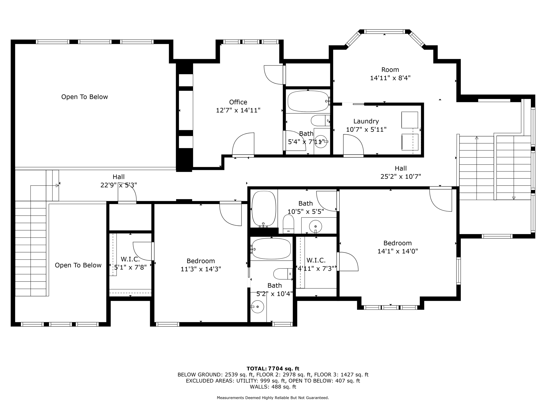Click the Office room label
(238, 102)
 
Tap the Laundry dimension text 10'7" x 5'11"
(366, 130)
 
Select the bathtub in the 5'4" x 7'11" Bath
(308, 101)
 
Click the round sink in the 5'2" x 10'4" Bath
(258, 307)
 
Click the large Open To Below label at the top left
(85, 97)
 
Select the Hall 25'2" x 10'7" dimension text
(400, 177)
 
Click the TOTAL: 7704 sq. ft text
(273, 369)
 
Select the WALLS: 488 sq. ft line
(273, 387)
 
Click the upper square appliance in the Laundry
(409, 120)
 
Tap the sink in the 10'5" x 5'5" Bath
(315, 227)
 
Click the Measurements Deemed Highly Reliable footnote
(273, 398)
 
